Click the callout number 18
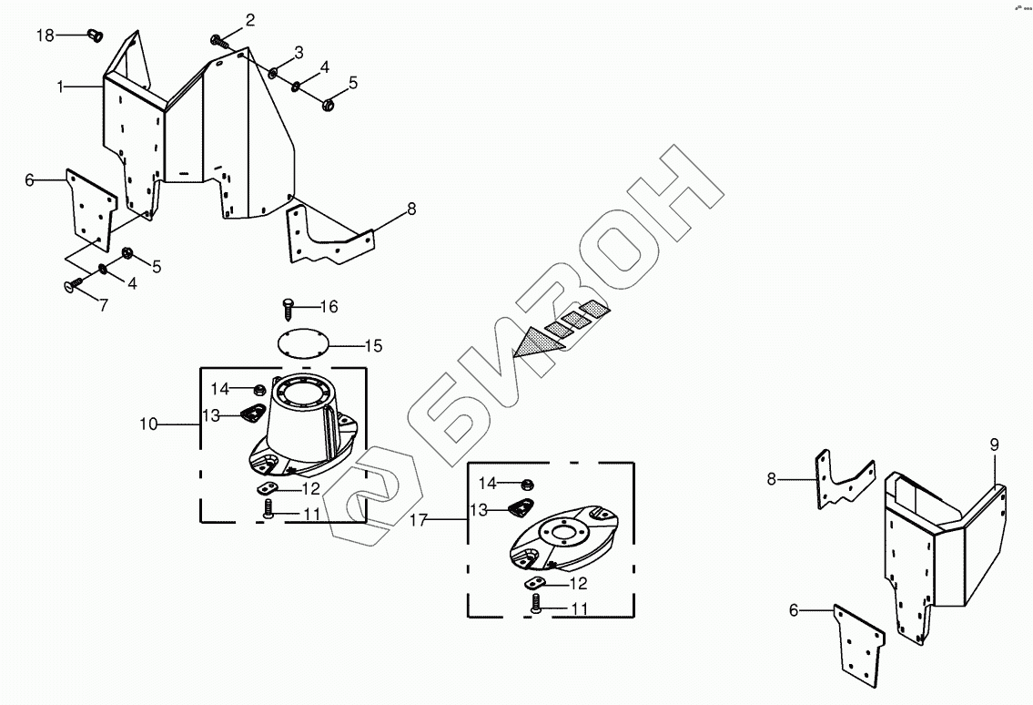coord(46,35)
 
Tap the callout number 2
coord(249,19)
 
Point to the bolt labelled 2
coord(218,40)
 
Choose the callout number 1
coord(60,87)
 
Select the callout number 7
coord(103,306)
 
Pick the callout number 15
coord(373,346)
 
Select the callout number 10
coord(148,424)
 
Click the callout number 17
coord(418,520)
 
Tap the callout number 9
coord(995,444)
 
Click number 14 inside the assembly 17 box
coord(488,483)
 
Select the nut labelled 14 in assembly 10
coord(259,391)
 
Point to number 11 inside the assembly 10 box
coord(311,514)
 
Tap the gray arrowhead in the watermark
coord(533,343)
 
